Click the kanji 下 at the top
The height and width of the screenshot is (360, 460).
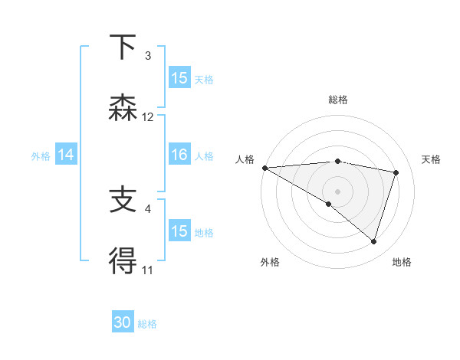point(123,48)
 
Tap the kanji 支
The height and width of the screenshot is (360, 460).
point(123,201)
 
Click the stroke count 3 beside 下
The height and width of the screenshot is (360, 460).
point(148,56)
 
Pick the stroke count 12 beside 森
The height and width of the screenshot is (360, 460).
point(148,117)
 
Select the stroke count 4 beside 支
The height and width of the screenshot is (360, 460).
point(148,208)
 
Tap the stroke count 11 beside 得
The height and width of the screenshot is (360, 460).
point(148,270)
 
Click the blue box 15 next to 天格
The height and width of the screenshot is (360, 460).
point(179,78)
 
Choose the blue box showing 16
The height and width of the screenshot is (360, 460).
point(179,155)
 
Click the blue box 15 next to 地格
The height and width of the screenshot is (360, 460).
point(179,231)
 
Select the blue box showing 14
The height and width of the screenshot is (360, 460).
point(66,155)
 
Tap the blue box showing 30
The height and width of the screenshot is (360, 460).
point(123,323)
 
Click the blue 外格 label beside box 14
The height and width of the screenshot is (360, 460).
point(41,156)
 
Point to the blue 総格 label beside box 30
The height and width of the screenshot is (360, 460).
point(147,324)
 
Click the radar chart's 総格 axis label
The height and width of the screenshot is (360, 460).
point(338,100)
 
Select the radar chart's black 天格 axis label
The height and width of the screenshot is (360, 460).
point(432,159)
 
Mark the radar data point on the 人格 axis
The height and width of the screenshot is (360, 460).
point(264,168)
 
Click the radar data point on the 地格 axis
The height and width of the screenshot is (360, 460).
point(373,241)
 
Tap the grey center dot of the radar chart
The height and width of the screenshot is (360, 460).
point(337,191)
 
